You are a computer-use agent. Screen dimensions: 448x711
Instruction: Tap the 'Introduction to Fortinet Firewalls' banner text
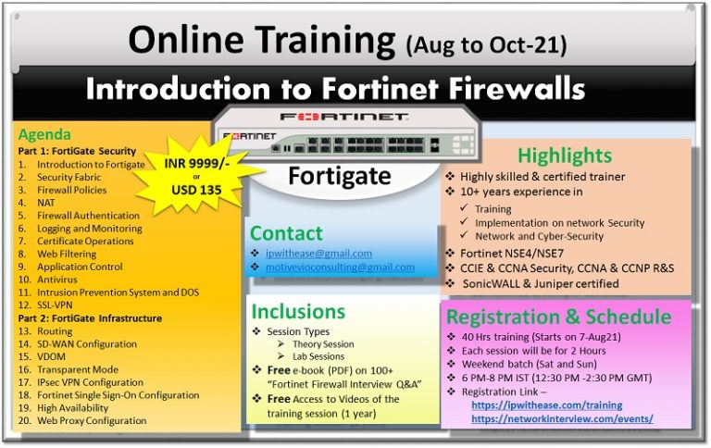tap(335, 89)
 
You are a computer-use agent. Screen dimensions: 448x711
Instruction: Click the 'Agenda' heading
tap(44, 134)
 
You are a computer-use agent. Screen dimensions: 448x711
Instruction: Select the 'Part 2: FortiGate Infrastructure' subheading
tap(90, 318)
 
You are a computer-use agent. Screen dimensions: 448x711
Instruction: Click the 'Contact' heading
tap(286, 233)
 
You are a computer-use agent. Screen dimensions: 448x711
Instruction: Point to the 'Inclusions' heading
tap(297, 311)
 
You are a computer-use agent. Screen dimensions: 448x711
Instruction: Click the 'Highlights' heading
tap(565, 156)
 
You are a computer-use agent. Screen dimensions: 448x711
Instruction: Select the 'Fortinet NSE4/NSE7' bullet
tap(511, 253)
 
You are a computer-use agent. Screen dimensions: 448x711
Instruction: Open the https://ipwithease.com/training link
tap(546, 405)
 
